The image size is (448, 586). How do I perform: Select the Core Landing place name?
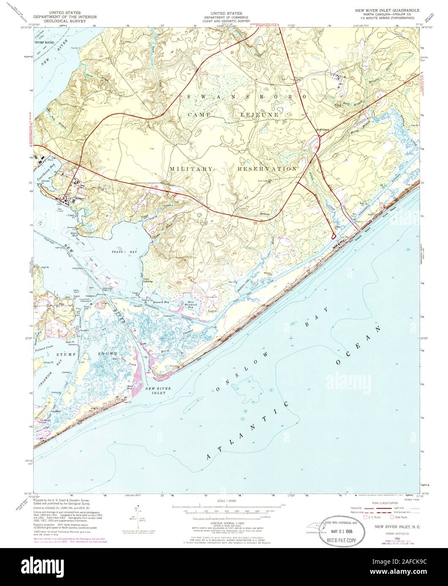click(147, 280)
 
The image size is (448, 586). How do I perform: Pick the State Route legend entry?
click(399, 516)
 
